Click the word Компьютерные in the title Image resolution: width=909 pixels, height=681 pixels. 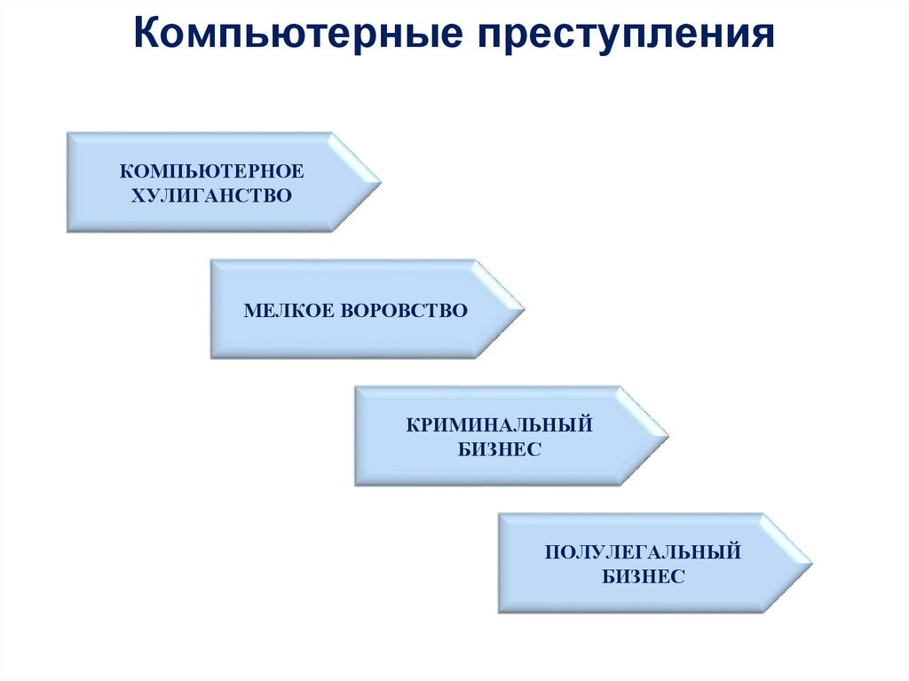[x=297, y=36]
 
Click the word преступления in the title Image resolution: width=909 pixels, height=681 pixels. [x=628, y=36]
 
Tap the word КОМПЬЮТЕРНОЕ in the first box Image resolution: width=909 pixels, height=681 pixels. [x=212, y=170]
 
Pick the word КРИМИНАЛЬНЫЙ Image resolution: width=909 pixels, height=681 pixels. [x=500, y=426]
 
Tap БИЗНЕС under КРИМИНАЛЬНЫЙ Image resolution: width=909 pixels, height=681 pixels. [x=500, y=450]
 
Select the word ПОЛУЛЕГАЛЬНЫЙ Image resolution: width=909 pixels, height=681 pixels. [x=644, y=553]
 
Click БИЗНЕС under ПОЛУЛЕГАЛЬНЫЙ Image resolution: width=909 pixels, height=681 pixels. [x=644, y=577]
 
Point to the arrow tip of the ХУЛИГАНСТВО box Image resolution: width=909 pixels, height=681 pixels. [x=380, y=183]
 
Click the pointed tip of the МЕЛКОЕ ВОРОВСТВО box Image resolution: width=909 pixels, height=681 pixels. [x=524, y=310]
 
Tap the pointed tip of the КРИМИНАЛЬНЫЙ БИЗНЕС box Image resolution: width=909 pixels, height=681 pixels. [x=668, y=436]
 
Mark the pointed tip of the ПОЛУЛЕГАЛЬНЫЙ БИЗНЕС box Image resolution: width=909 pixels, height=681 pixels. [x=811, y=563]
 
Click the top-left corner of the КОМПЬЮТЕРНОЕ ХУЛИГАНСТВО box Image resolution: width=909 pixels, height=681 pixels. [x=67, y=134]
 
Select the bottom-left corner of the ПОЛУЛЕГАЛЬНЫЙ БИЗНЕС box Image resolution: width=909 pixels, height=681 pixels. [x=499, y=613]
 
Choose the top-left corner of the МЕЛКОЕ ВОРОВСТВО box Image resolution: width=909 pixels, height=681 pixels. [x=211, y=261]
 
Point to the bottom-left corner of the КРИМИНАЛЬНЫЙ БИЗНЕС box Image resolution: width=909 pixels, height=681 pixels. [x=355, y=486]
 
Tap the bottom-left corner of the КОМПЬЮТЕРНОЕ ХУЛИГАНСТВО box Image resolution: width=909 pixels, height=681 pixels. [x=67, y=232]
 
